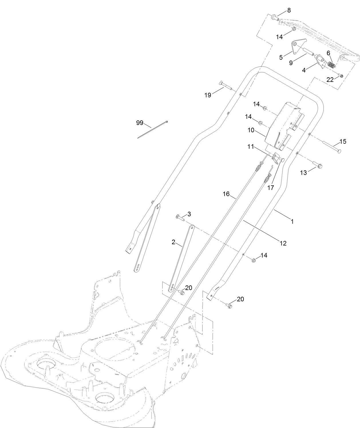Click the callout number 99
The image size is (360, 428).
coord(140,123)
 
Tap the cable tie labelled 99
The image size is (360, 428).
coord(153,130)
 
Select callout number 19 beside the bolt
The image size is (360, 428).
coord(208,95)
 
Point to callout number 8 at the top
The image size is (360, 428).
coord(289,10)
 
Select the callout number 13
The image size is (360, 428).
coord(303,172)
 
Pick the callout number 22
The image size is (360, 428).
coord(330,80)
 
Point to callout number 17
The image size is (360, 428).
coord(270,188)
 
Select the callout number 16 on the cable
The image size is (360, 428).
coord(226,194)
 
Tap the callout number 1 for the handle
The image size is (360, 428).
coord(292,221)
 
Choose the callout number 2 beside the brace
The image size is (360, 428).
coord(173,242)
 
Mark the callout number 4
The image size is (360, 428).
coord(304,70)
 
